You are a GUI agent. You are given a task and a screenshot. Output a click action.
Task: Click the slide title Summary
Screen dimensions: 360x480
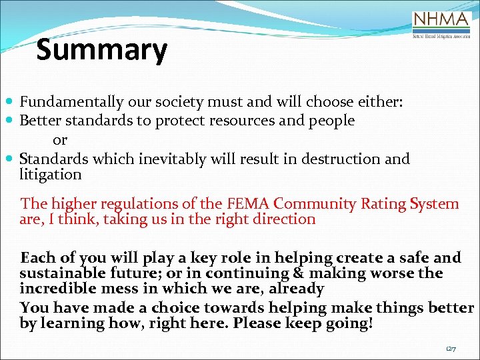pyautogui.click(x=101, y=50)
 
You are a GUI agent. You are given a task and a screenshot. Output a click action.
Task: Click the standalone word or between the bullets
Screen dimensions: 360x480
pyautogui.click(x=60, y=140)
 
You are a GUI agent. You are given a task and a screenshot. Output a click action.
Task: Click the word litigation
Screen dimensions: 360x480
pyautogui.click(x=51, y=175)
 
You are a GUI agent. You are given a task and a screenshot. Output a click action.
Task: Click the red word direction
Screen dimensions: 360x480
pyautogui.click(x=281, y=219)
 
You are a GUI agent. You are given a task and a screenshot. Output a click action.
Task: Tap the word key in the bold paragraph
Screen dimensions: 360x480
pyautogui.click(x=187, y=258)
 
